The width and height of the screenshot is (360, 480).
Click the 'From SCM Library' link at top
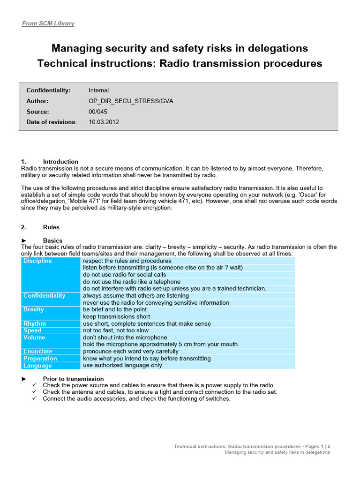click(48, 23)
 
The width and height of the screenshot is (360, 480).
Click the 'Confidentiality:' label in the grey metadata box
click(48, 90)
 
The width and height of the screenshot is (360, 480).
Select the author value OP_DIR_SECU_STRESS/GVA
click(131, 101)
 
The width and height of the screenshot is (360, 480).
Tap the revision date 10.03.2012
click(104, 122)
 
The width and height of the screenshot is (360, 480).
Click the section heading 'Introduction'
click(60, 162)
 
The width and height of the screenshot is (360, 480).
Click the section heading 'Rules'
click(51, 227)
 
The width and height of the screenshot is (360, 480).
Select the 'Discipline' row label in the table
click(37, 261)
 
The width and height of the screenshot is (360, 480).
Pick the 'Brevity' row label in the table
click(34, 310)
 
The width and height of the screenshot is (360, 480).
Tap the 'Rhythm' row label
click(35, 324)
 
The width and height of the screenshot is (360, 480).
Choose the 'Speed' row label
click(32, 330)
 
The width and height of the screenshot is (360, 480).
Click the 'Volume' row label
click(34, 337)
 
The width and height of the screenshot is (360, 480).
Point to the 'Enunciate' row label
click(38, 352)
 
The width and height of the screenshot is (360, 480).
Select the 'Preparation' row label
click(40, 359)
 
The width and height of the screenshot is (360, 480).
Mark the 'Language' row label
click(37, 366)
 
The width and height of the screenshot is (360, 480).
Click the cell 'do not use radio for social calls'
click(124, 275)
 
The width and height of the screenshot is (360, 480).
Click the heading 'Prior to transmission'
click(73, 379)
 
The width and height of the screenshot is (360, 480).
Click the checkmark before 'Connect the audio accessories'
click(34, 399)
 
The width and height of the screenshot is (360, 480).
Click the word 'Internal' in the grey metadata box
click(98, 90)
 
